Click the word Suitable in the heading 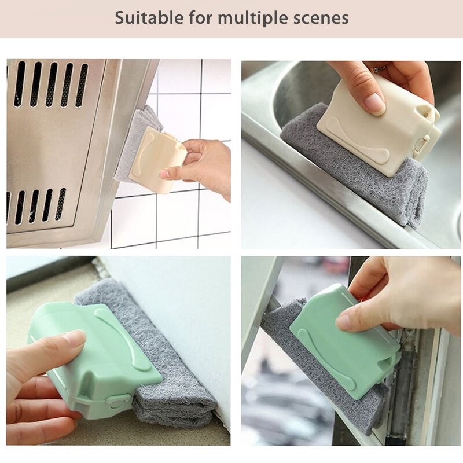pyautogui.click(x=149, y=18)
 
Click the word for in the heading pyautogui.click(x=200, y=18)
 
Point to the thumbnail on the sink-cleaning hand pyautogui.click(x=374, y=104)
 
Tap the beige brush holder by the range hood pyautogui.click(x=158, y=160)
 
